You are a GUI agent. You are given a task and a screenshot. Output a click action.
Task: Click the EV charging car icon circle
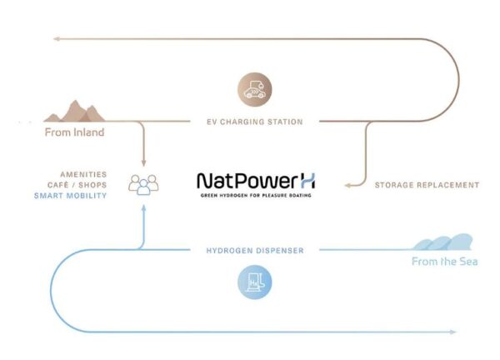tap(255, 89)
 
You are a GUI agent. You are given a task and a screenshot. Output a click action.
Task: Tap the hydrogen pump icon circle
tap(255, 282)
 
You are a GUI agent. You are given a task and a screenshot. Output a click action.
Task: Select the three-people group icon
tap(143, 185)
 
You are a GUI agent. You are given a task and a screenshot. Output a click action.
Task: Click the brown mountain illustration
tap(75, 112)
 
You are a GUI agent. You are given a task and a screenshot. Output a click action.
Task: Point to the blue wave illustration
tap(442, 242)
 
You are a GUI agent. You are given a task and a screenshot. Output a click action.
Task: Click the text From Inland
tap(75, 132)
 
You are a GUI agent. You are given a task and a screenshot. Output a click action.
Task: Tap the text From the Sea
tap(444, 262)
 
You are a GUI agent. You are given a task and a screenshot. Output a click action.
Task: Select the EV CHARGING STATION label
tap(255, 122)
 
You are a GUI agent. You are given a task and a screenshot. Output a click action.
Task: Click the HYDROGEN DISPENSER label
tap(255, 251)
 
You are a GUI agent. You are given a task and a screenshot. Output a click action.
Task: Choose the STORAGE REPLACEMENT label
tap(427, 185)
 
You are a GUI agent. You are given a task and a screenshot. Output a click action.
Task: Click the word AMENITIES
tap(83, 174)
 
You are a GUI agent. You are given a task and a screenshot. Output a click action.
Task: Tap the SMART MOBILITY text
tap(71, 196)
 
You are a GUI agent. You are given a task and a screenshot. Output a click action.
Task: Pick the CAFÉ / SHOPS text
tap(77, 185)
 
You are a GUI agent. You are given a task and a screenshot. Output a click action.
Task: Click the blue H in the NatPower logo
tap(307, 181)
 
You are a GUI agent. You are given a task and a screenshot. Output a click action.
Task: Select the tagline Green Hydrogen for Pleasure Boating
tap(256, 195)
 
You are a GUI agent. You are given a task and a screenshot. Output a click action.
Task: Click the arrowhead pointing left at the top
tap(56, 39)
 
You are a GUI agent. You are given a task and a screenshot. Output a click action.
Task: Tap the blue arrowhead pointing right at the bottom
tap(452, 332)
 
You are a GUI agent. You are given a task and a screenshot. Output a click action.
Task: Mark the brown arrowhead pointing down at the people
tap(143, 163)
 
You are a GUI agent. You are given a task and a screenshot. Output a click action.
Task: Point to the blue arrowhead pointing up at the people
tap(143, 208)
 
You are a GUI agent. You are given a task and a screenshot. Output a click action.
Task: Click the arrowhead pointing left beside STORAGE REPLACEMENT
tap(347, 185)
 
